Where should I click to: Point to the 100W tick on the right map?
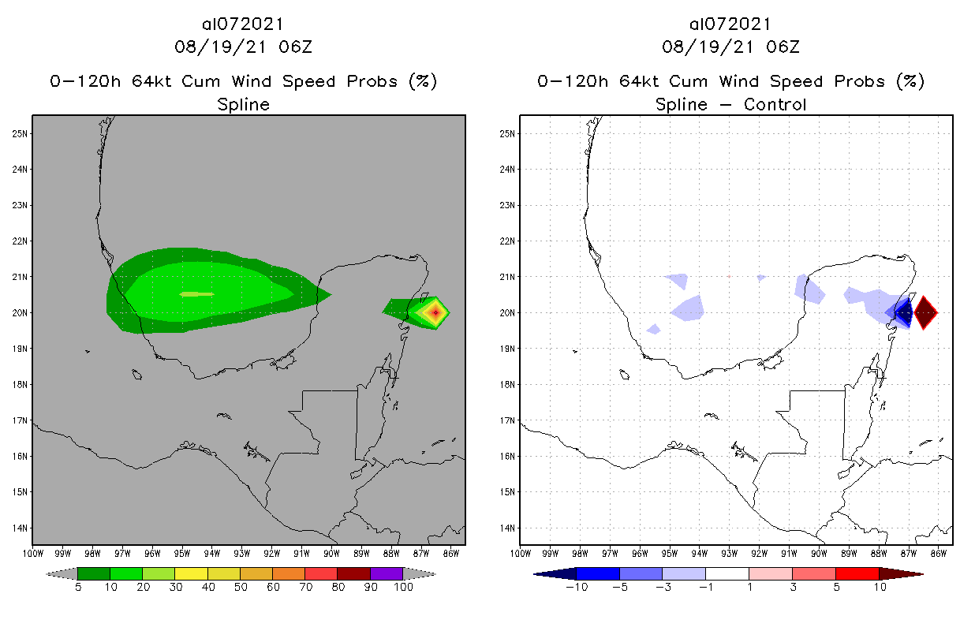coord(521,553)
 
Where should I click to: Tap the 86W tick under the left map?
coord(451,553)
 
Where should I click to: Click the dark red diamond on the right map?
coord(925,313)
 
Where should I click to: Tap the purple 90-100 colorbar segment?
coord(387,573)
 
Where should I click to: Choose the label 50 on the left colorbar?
coord(240,587)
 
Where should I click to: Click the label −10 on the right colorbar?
coord(575,587)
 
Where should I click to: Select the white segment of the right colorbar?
coord(727,573)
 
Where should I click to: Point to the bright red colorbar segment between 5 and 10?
coord(856,573)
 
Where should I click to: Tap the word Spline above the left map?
coord(243,104)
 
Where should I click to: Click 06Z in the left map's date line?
coord(297,47)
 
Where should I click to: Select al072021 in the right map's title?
coord(730,24)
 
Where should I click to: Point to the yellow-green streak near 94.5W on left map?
coord(196,294)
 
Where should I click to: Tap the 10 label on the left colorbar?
coord(110,587)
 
